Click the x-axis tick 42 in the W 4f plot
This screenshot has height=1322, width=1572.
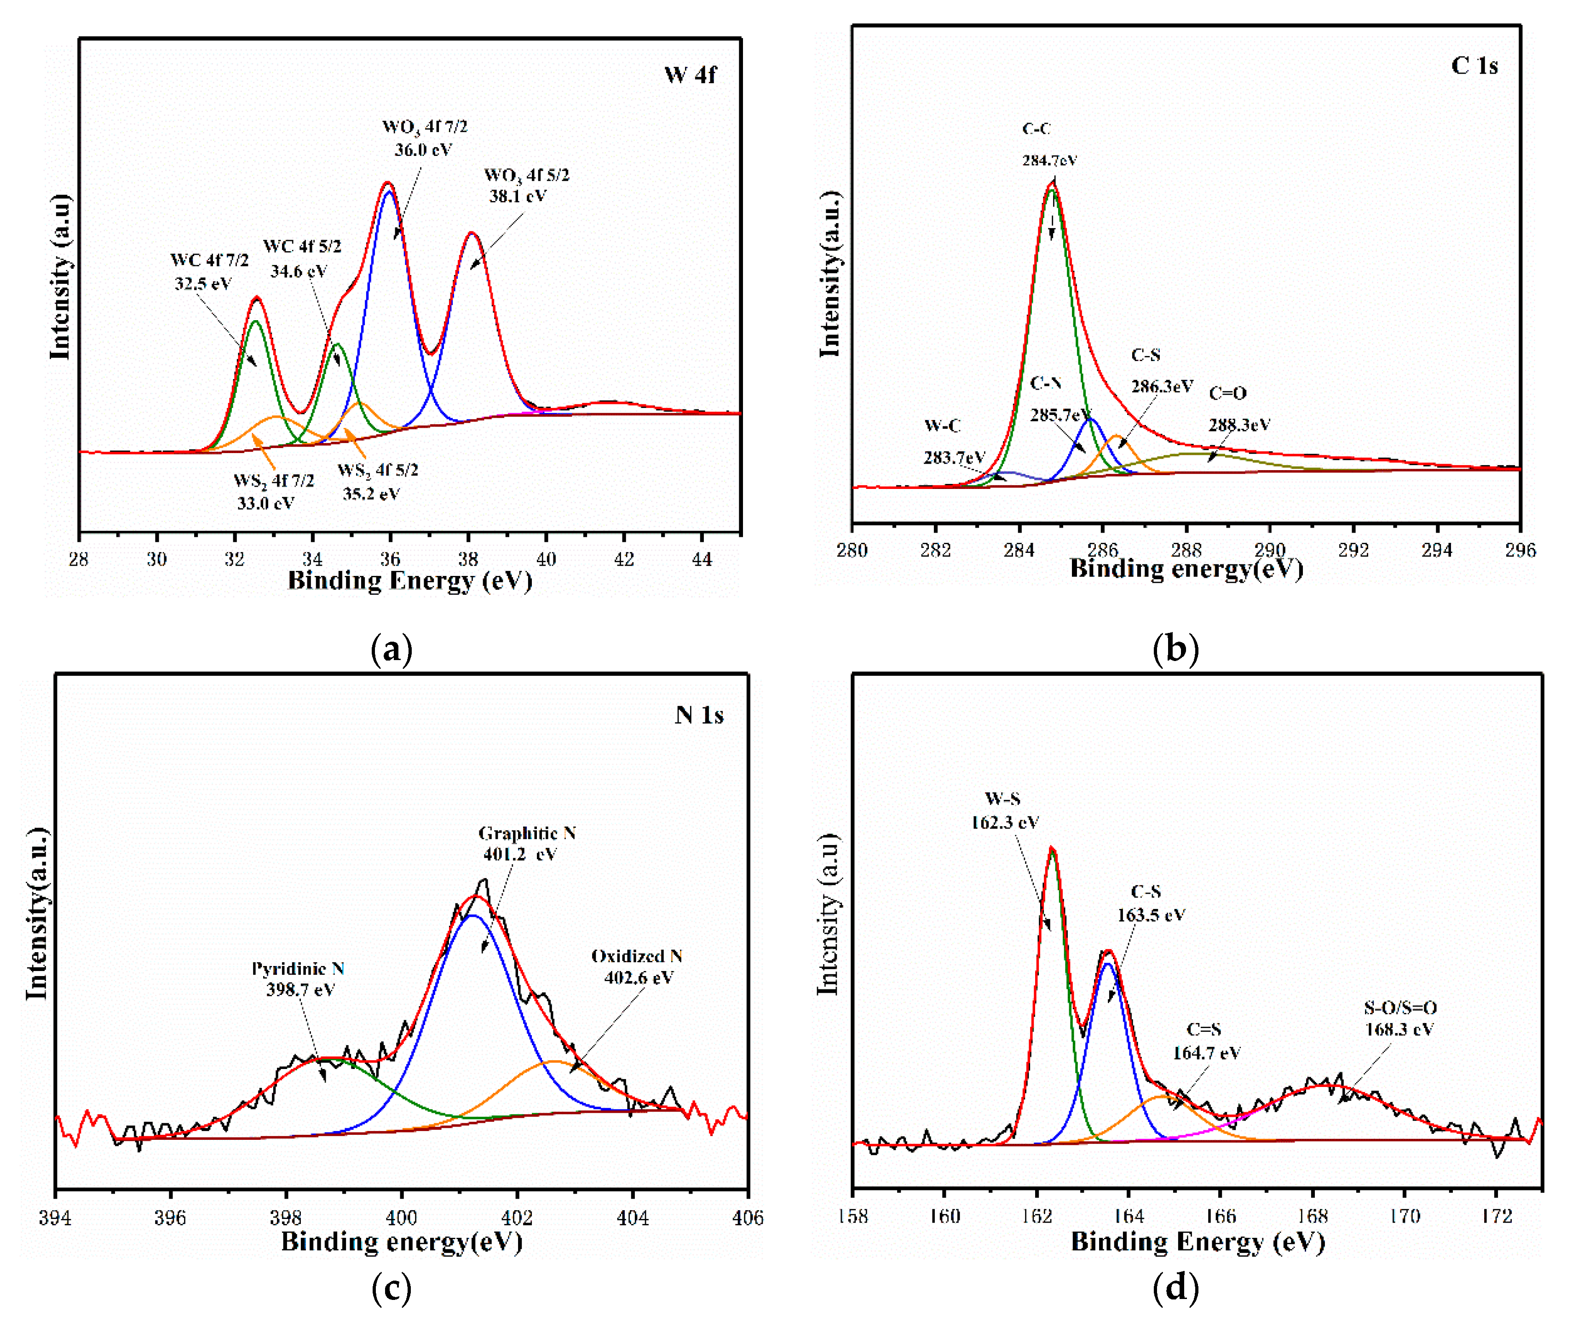pos(624,558)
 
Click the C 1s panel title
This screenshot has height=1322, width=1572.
pos(1474,65)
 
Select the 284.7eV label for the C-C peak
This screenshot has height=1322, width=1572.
pos(1049,160)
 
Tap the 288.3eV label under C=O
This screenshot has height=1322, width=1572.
pos(1238,425)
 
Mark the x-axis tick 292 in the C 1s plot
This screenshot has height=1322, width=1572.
pos(1353,550)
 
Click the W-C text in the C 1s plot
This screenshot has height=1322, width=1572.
pos(942,425)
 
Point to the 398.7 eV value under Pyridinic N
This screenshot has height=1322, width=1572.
pos(300,989)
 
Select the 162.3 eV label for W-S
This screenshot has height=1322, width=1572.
pos(1004,822)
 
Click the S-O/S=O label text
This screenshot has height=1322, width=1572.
pos(1399,1007)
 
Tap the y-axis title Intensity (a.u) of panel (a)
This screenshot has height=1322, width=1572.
pos(60,277)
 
